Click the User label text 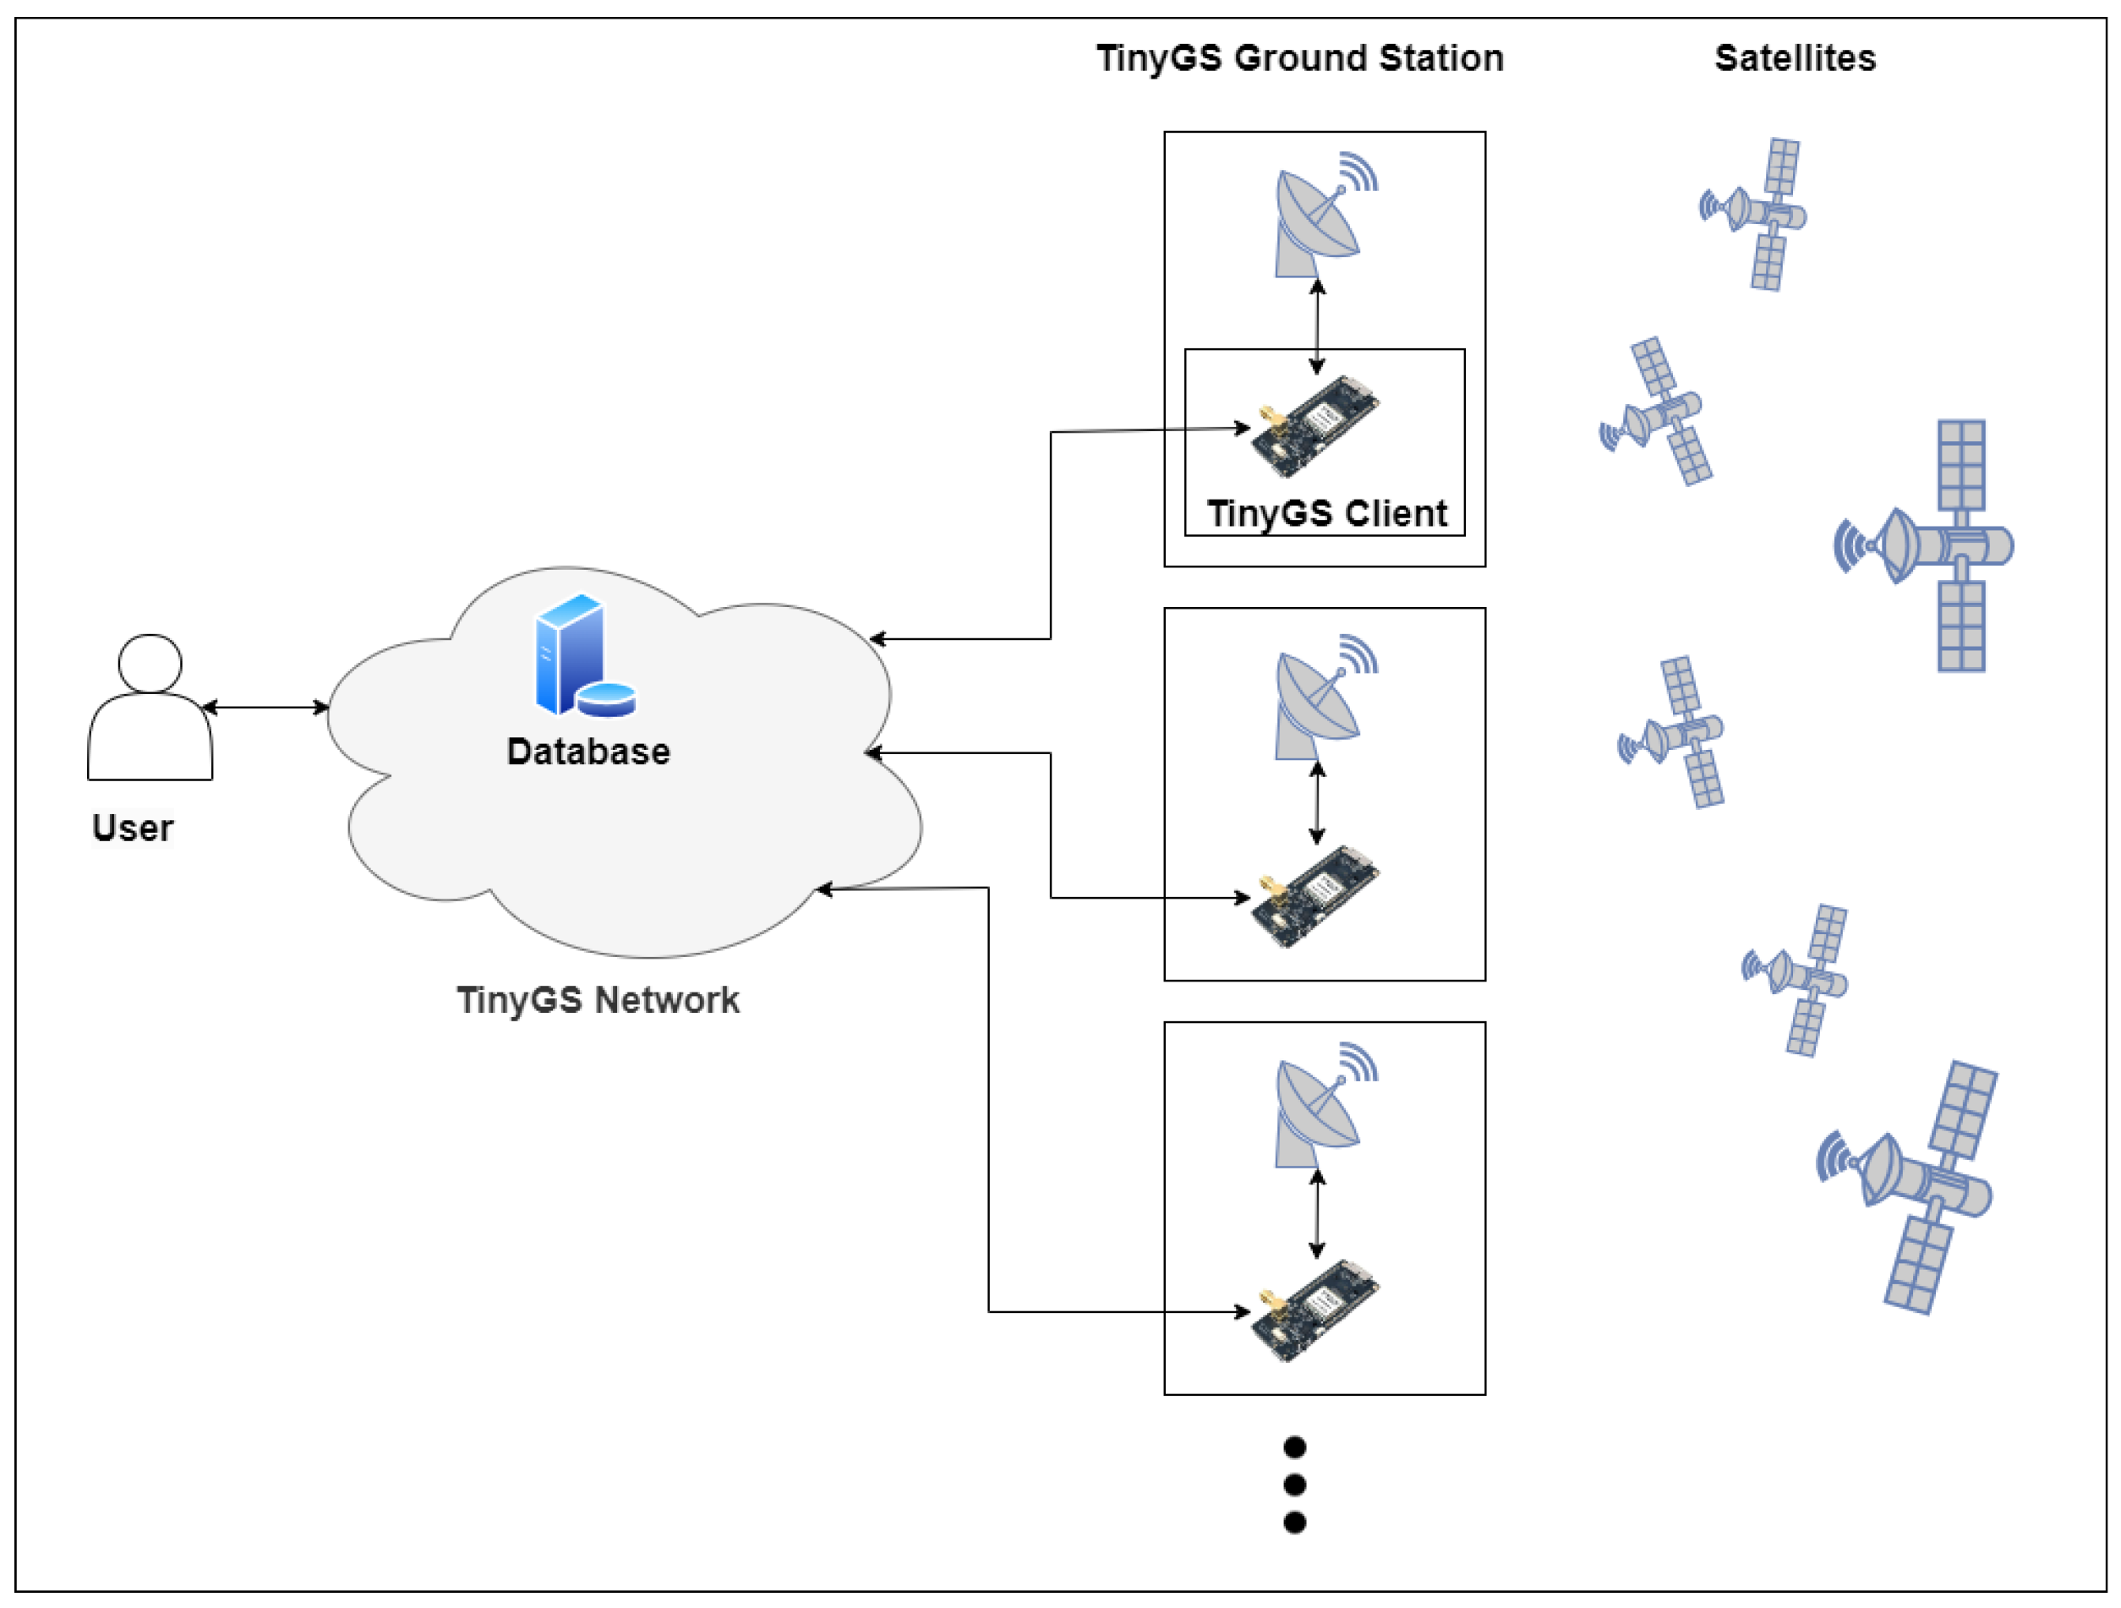click(x=133, y=829)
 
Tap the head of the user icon click(x=150, y=663)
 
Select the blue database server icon click(x=585, y=655)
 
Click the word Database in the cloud click(x=588, y=752)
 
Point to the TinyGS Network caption click(x=598, y=1000)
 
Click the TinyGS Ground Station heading click(x=1299, y=58)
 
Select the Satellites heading click(x=1794, y=58)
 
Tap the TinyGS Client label click(x=1326, y=514)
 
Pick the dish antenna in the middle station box click(x=1324, y=697)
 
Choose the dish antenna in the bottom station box click(x=1324, y=1105)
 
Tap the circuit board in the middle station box click(x=1315, y=896)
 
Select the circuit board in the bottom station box click(x=1315, y=1310)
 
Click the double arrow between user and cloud click(x=265, y=708)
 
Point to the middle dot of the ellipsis click(x=1294, y=1485)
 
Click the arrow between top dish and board click(x=1317, y=326)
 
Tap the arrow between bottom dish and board click(x=1317, y=1214)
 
